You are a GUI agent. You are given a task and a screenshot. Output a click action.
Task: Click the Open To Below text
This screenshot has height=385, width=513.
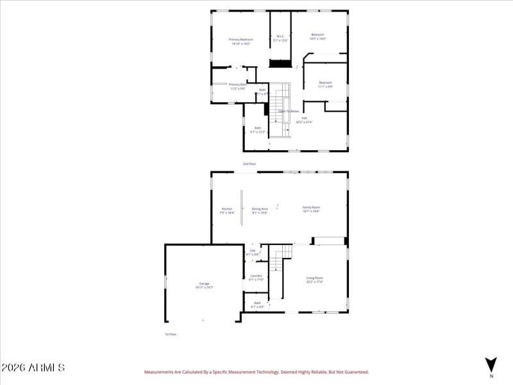[x=289, y=111]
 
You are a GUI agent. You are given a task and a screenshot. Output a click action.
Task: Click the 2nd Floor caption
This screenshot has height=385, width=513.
[x=249, y=164]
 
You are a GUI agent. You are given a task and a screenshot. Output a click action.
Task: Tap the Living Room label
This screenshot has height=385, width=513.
[x=315, y=280]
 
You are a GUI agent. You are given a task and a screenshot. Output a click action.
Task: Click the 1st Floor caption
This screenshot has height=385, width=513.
[x=171, y=334]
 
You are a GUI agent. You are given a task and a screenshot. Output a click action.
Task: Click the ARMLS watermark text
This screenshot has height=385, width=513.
[x=33, y=368]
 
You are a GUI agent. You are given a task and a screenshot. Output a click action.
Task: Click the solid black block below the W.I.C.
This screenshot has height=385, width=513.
[x=280, y=63]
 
